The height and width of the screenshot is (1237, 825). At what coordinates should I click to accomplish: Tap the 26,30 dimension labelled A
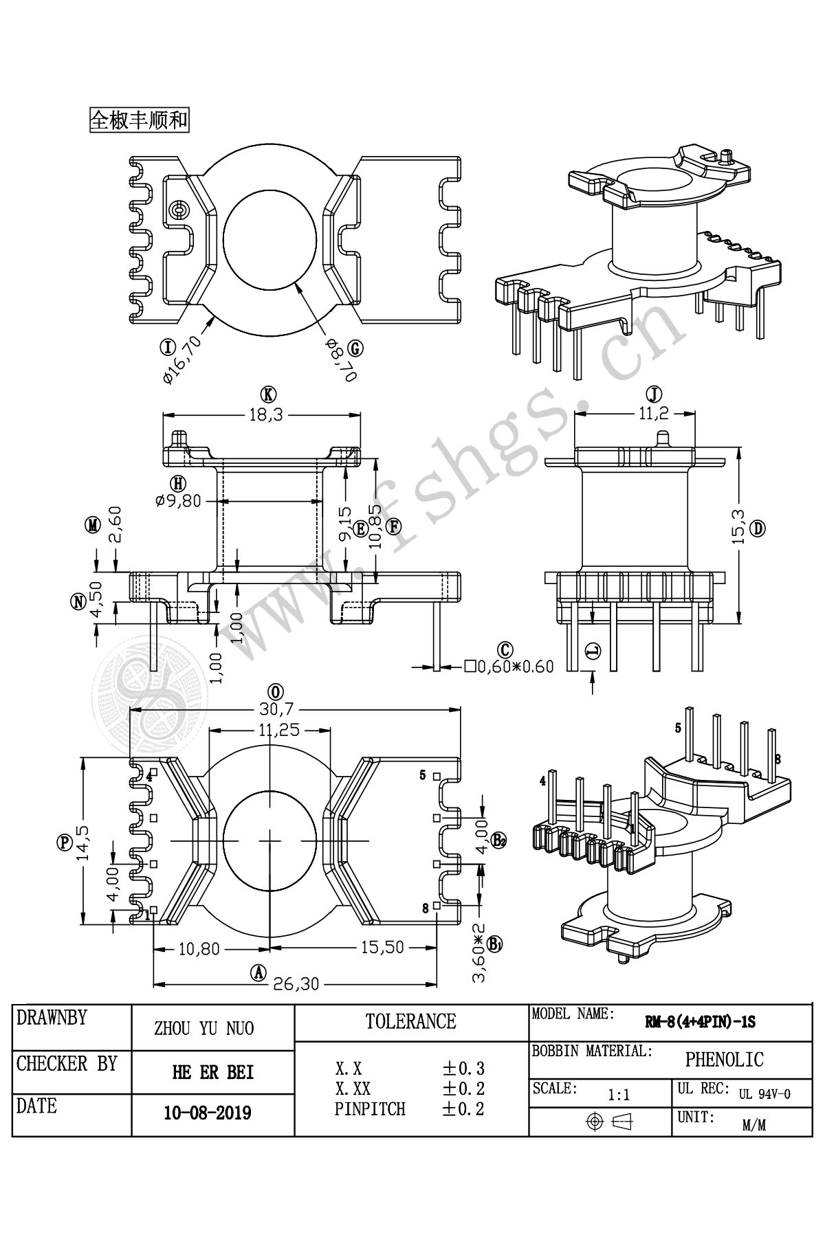coord(296,984)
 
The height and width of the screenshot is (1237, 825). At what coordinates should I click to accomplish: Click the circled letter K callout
coord(268,394)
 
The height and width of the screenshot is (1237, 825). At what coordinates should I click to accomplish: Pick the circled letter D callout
coord(759,528)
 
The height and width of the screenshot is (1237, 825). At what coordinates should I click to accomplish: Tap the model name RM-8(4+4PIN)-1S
coord(700,1023)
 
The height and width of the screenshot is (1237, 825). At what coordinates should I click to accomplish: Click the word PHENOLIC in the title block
coord(724,1060)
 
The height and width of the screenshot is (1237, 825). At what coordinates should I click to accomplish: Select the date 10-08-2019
coord(208,1113)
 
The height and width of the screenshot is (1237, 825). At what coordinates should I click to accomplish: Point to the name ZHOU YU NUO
coord(203,1028)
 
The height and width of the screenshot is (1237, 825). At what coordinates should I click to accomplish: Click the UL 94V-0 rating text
coord(764,1095)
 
